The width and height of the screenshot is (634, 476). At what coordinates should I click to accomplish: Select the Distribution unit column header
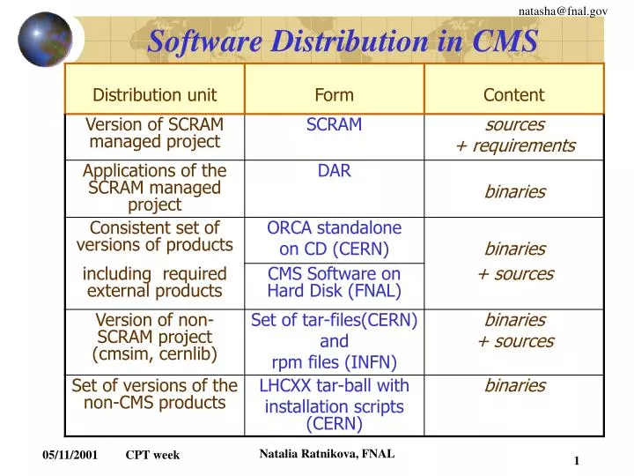[154, 95]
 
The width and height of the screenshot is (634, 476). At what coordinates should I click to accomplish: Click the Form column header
[334, 95]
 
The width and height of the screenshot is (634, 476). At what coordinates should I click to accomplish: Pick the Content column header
[513, 95]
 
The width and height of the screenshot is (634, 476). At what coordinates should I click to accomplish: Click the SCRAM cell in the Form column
[334, 125]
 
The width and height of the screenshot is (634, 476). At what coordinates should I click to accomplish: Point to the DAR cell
[334, 171]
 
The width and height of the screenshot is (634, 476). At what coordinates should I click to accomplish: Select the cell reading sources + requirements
[514, 135]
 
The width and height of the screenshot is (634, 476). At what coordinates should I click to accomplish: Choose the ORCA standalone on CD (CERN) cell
[334, 238]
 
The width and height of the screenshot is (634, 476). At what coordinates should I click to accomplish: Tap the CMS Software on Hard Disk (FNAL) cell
[334, 282]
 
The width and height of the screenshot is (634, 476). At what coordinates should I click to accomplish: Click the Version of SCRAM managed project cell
[154, 132]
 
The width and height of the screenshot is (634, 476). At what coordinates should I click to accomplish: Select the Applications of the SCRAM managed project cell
[154, 187]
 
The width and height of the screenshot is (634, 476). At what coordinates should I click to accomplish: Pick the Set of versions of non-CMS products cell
[154, 394]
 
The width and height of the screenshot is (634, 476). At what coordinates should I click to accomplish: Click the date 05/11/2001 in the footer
[70, 455]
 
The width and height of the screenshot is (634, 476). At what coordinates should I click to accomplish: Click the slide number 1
[576, 461]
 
